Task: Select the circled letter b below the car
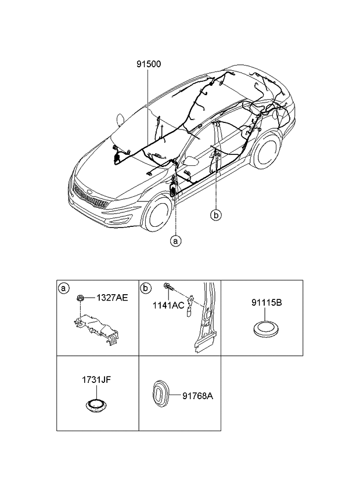[215, 215]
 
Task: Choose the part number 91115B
[266, 303]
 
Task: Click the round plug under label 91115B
[266, 328]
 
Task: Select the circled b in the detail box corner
[146, 288]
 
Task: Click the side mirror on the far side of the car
[121, 119]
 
